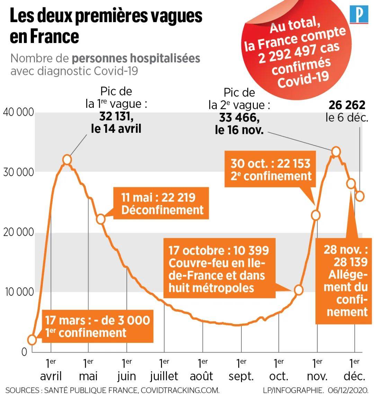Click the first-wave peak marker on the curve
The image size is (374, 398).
[67, 159]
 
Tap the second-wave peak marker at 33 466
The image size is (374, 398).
[336, 152]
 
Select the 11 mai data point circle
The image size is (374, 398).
[100, 219]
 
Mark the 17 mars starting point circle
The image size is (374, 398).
[32, 340]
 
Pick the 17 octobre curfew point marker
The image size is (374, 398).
[299, 290]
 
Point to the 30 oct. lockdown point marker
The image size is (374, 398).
[315, 215]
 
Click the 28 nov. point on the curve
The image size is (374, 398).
[351, 183]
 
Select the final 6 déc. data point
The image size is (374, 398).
[360, 196]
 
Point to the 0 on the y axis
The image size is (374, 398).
[24, 352]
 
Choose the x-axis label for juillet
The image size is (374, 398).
[164, 376]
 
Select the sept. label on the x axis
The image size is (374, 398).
[241, 376]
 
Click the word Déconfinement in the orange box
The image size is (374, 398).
[162, 210]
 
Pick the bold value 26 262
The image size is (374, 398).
[347, 105]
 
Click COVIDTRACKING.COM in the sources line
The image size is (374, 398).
[180, 390]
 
